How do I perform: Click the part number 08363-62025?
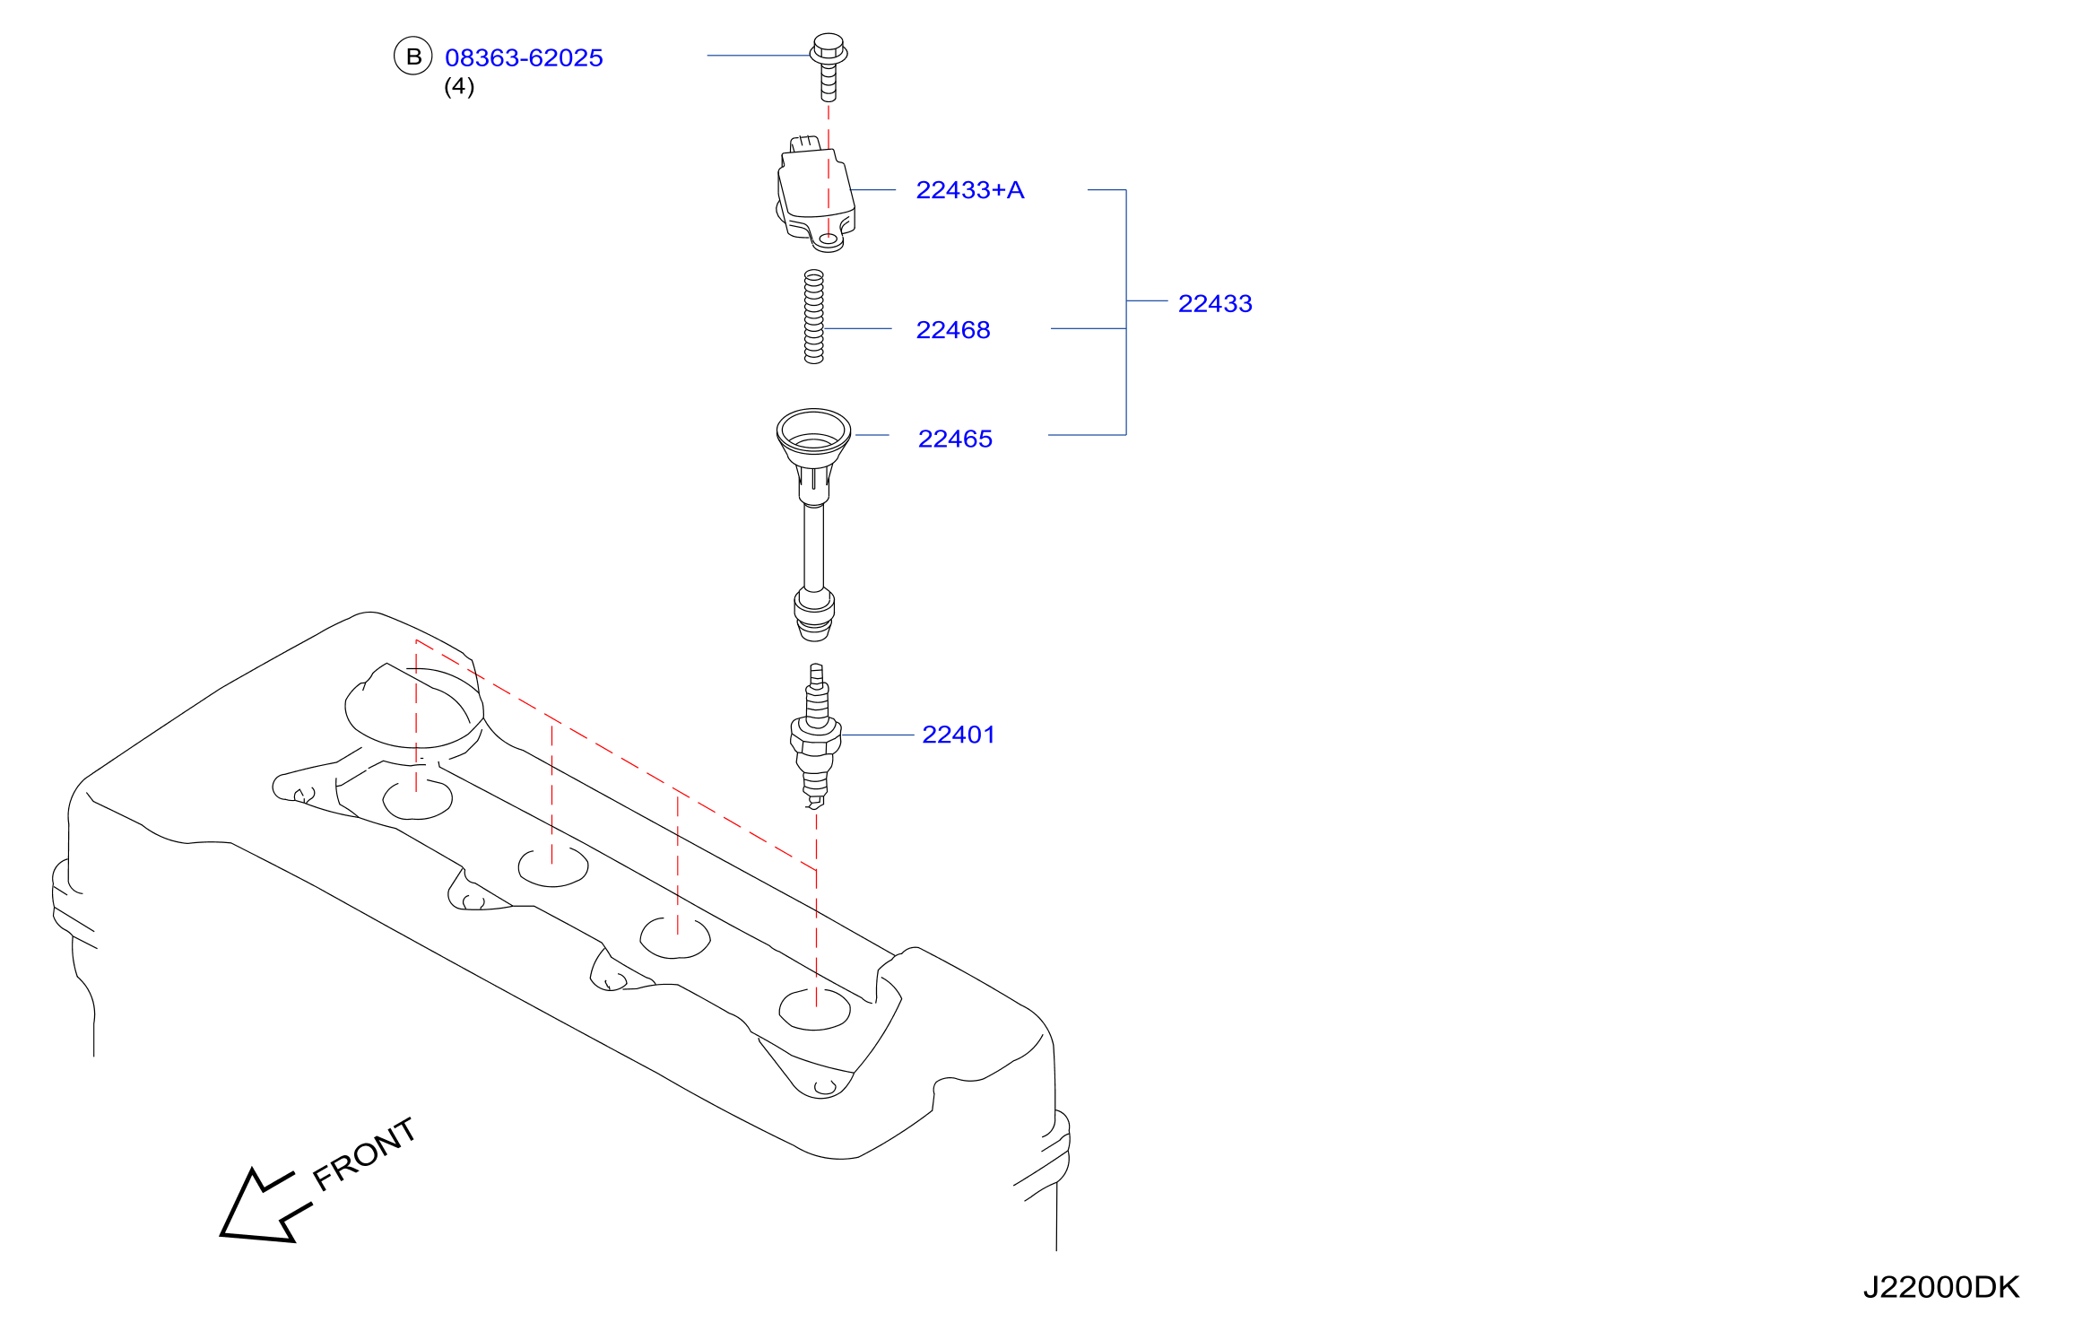click(524, 57)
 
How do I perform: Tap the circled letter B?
click(413, 57)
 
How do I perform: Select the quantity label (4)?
click(459, 86)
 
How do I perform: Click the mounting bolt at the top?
click(829, 67)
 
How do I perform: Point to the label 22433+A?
click(969, 190)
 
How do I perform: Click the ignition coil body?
click(815, 194)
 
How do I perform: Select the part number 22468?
click(953, 330)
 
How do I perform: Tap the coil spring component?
click(813, 317)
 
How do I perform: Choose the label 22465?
click(955, 439)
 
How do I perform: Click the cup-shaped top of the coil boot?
click(813, 433)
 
